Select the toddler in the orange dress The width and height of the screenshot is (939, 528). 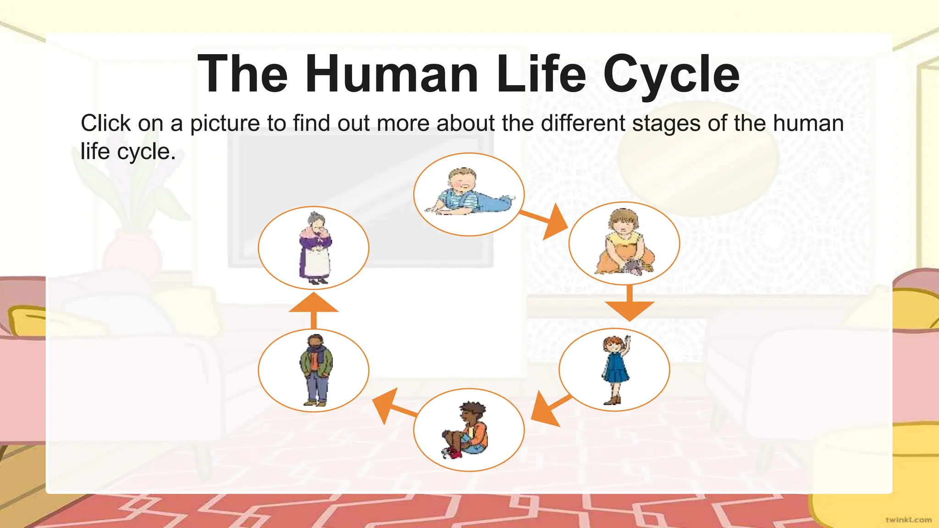[624, 243]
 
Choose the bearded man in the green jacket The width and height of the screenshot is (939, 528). [314, 370]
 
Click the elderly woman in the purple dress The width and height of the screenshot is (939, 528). [315, 248]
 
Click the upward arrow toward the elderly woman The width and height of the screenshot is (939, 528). [314, 310]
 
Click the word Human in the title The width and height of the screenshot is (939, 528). [392, 74]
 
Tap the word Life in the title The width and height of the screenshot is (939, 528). [541, 74]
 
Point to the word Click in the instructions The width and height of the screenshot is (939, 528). [106, 124]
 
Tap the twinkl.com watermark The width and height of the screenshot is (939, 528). [908, 520]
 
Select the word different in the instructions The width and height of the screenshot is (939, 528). [583, 124]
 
